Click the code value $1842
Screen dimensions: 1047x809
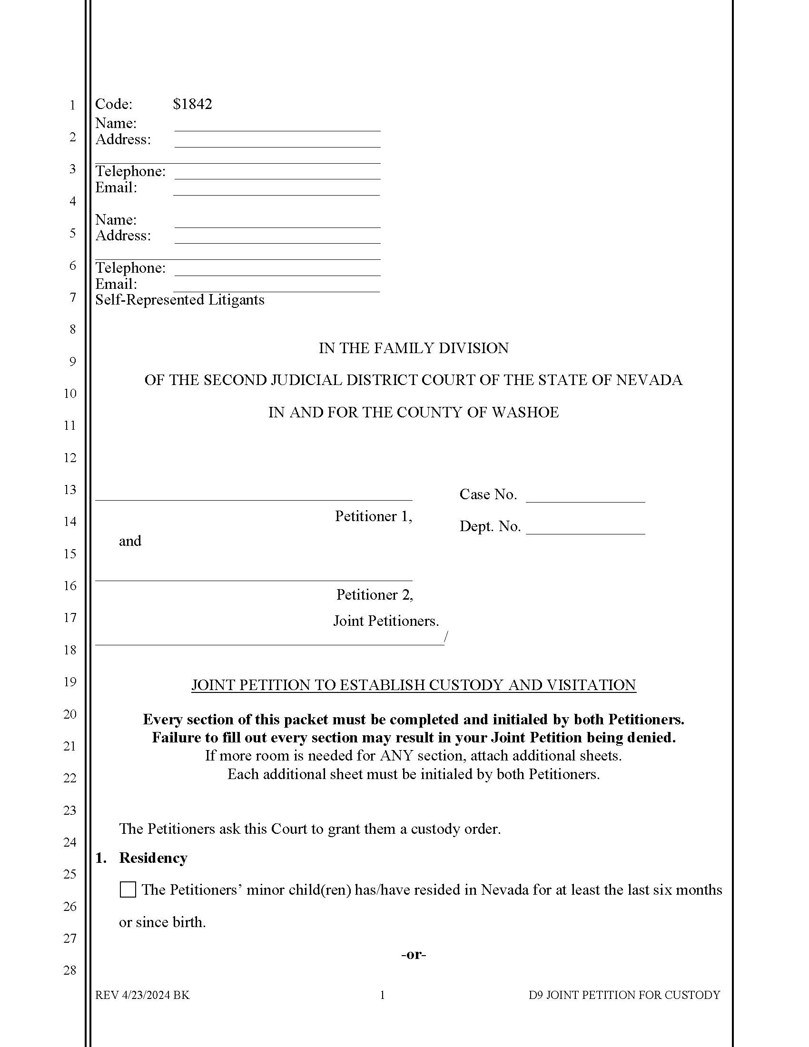(x=192, y=104)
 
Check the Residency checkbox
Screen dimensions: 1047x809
(x=128, y=890)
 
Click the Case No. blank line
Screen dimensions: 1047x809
(x=585, y=497)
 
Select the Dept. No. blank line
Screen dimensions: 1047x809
(x=585, y=529)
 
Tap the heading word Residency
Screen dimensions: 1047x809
(x=153, y=858)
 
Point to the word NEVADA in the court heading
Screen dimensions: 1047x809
(x=649, y=380)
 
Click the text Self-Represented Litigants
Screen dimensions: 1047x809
(x=180, y=300)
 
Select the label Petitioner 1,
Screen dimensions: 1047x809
(x=374, y=516)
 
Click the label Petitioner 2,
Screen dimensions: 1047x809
(x=375, y=595)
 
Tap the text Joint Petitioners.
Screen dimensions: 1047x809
(x=386, y=621)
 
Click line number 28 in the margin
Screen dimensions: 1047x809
(x=70, y=970)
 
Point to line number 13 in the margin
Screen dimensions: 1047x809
(x=70, y=489)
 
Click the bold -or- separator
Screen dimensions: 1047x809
(x=414, y=954)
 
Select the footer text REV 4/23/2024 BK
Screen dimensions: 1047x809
(x=142, y=995)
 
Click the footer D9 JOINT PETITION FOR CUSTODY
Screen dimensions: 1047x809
(x=624, y=995)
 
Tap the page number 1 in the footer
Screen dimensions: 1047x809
(x=383, y=995)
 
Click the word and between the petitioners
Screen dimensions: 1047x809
(x=130, y=541)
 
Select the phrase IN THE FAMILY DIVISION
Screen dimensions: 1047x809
(x=414, y=348)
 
